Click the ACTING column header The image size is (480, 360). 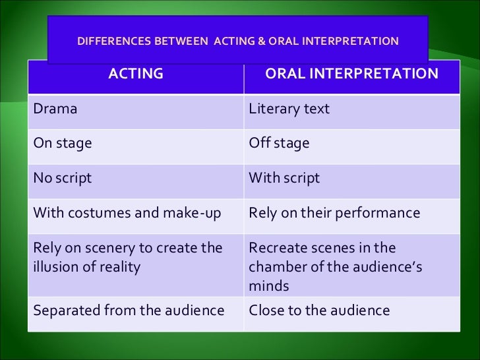[x=135, y=74]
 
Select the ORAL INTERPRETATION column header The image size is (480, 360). [x=351, y=74]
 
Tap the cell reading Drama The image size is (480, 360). [x=55, y=109]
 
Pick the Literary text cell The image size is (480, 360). [x=289, y=109]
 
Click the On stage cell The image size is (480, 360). [x=63, y=143]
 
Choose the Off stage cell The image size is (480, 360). [x=279, y=143]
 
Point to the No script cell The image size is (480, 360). [x=63, y=178]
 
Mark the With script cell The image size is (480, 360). [x=284, y=178]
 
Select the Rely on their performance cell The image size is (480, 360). [x=334, y=213]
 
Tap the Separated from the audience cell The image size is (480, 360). [x=129, y=310]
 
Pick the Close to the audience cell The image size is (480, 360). [x=319, y=310]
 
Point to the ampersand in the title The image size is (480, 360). [x=261, y=41]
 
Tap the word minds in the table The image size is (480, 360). [x=268, y=286]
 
